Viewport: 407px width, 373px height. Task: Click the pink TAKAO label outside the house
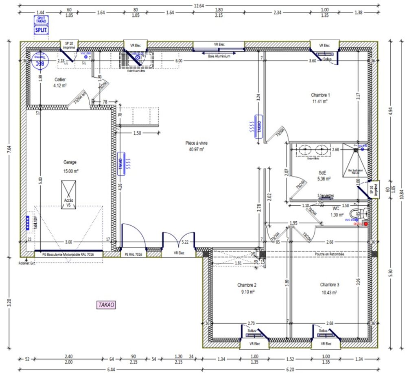click(106, 304)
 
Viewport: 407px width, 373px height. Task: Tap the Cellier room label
click(59, 80)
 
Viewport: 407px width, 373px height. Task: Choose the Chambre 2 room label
click(246, 285)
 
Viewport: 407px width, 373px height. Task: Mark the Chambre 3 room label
click(328, 285)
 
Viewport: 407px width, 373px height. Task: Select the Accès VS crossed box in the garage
click(68, 195)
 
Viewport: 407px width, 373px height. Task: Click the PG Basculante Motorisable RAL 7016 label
click(68, 254)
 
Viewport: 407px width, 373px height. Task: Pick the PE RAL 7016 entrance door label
click(133, 255)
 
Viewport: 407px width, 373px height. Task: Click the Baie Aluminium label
click(219, 57)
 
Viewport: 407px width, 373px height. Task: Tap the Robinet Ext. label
click(28, 263)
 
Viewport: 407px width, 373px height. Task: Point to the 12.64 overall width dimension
click(199, 5)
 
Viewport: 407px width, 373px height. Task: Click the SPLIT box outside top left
click(41, 30)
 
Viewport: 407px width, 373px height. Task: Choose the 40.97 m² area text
click(196, 149)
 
